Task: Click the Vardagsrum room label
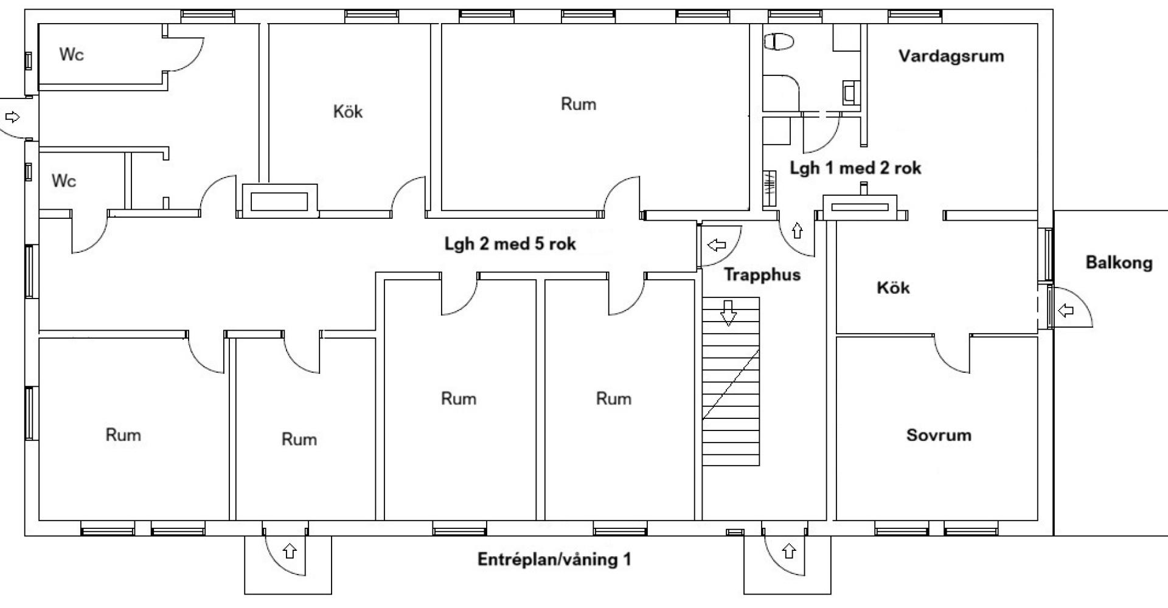[951, 57]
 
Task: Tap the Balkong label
[1119, 263]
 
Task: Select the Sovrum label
[938, 435]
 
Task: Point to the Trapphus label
[762, 275]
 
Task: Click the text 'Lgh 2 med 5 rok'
[510, 244]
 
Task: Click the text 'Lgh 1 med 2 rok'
[855, 168]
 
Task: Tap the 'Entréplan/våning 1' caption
[554, 559]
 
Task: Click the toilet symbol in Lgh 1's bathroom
[779, 42]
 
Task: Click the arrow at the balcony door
[1066, 311]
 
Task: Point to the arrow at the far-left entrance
[12, 117]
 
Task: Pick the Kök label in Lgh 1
[893, 287]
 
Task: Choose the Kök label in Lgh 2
[348, 111]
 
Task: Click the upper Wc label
[71, 54]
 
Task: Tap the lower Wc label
[64, 181]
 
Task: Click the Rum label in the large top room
[578, 104]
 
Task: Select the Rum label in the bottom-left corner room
[123, 435]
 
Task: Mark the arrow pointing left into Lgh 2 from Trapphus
[717, 245]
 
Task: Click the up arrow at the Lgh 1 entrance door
[797, 230]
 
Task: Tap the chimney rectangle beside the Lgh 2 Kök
[279, 201]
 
